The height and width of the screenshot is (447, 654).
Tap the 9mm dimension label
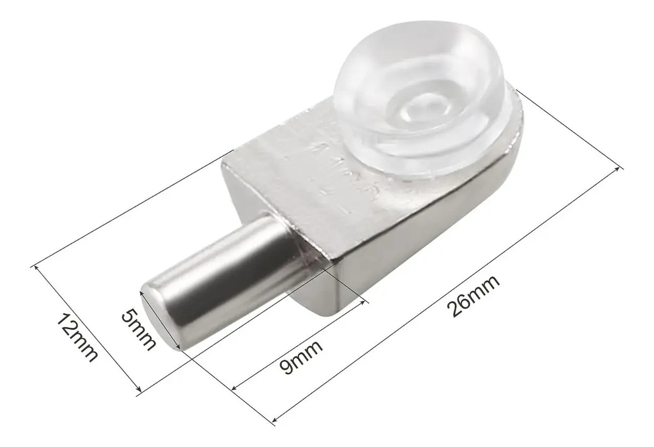click(301, 357)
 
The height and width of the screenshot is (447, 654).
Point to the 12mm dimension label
click(76, 337)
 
